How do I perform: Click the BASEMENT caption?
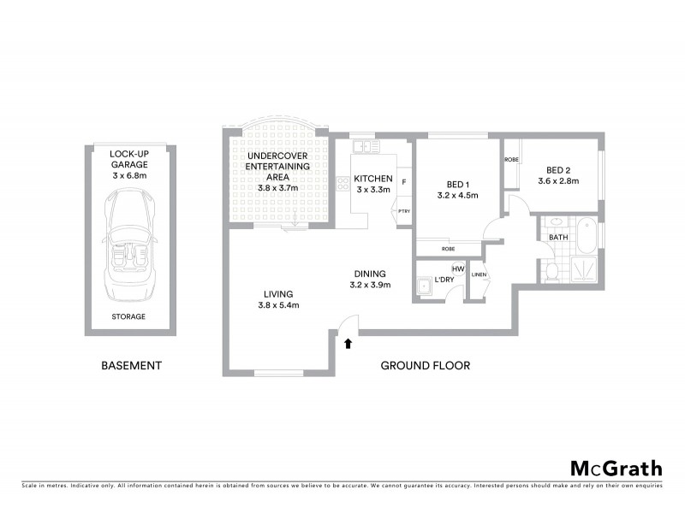pos(131,366)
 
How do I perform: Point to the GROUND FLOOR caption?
pos(425,366)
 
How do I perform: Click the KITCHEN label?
pos(373,184)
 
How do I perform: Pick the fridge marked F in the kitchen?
pos(403,182)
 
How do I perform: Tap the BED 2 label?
pos(558,175)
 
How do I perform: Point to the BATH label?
pos(558,238)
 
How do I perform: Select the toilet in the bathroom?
pos(552,272)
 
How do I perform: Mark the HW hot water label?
pos(457,269)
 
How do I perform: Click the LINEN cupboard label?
pos(479,274)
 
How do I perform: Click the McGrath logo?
pos(616,468)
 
